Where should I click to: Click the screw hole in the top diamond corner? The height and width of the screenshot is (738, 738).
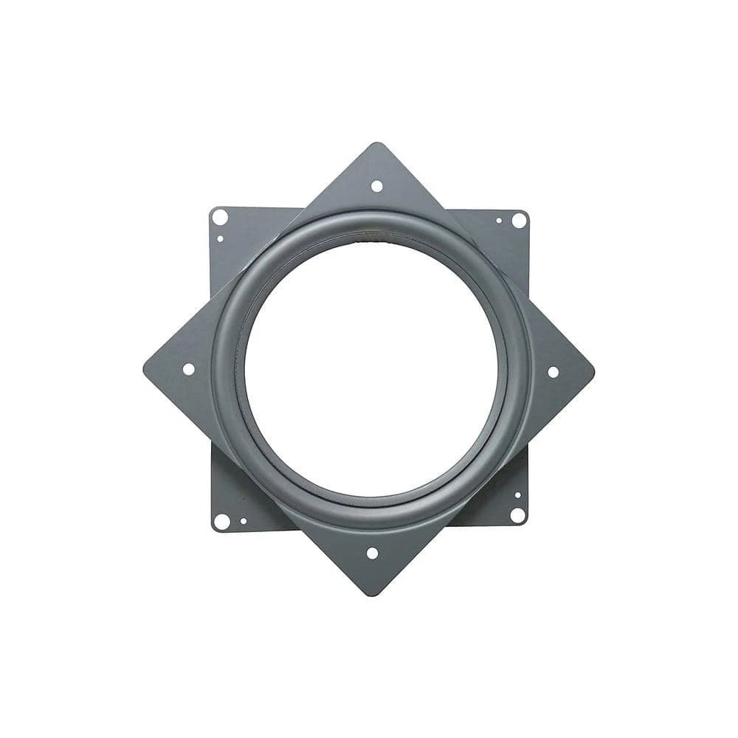click(376, 186)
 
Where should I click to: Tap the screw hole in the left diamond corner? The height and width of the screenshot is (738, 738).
click(188, 369)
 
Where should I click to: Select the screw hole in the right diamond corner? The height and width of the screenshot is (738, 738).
click(553, 372)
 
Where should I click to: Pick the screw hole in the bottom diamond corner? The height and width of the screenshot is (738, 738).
click(372, 553)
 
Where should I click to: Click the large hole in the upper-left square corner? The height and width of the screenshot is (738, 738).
click(219, 217)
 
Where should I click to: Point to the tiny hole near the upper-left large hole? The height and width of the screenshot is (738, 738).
click(220, 238)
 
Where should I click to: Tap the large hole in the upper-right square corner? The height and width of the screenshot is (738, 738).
click(519, 220)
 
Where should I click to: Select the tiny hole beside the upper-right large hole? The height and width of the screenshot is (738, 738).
click(499, 220)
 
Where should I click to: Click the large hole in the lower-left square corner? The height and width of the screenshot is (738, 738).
click(221, 521)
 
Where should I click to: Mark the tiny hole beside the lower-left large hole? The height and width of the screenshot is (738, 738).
click(243, 521)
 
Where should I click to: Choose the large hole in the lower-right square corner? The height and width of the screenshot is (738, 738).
click(517, 515)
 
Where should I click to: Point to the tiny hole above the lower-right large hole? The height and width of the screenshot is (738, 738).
click(517, 495)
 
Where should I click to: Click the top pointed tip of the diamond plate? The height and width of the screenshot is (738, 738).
click(378, 144)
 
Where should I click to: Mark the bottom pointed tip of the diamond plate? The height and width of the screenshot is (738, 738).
click(370, 594)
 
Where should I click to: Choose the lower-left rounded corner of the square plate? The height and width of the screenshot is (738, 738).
click(214, 527)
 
